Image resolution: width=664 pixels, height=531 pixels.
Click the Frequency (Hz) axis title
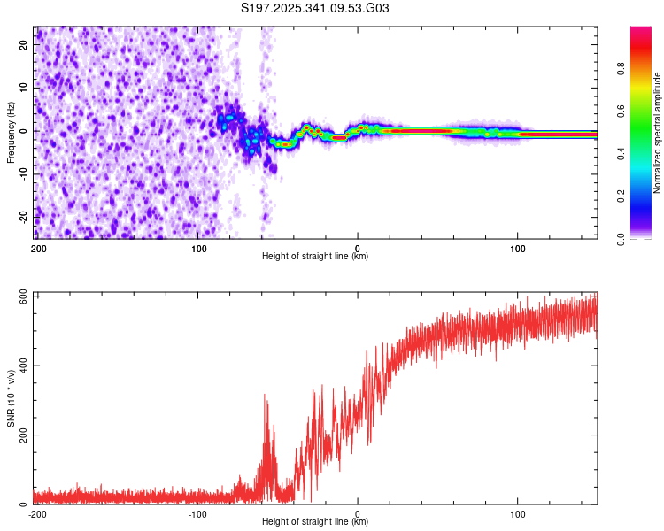[10, 133]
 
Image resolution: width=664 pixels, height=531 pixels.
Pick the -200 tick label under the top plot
[37, 248]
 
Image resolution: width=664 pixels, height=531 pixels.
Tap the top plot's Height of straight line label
[315, 257]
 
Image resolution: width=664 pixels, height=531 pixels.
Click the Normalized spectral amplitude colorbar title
[658, 133]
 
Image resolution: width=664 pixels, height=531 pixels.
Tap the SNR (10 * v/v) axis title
[12, 398]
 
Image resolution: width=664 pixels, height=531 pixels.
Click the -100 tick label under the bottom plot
[197, 513]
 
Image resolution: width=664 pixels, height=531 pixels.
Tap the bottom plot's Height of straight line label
[315, 522]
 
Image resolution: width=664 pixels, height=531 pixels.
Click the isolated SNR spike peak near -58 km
[265, 396]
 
